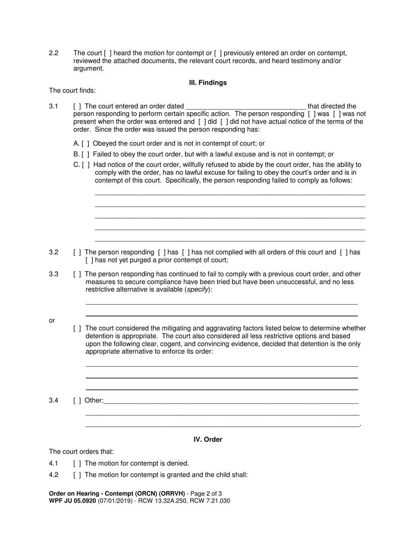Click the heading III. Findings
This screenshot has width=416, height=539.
point(208,82)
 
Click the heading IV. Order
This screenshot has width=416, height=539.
point(208,439)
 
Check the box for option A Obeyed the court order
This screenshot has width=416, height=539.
point(85,143)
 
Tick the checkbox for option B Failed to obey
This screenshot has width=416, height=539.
point(85,154)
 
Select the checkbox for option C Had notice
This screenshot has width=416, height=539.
point(86,165)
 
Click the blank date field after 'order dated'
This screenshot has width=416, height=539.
point(246,106)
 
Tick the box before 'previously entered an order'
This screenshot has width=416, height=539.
point(218,53)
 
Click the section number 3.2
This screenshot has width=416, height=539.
point(54,252)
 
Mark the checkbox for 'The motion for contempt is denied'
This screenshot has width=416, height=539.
point(77,463)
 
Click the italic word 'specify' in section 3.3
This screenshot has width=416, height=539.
point(197,290)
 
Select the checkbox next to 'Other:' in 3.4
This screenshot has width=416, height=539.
point(77,400)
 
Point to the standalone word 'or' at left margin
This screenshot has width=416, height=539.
point(52,320)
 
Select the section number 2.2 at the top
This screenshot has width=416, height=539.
point(54,53)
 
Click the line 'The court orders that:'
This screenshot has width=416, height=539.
point(81,451)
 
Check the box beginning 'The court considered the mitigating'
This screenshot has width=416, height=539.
point(77,328)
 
